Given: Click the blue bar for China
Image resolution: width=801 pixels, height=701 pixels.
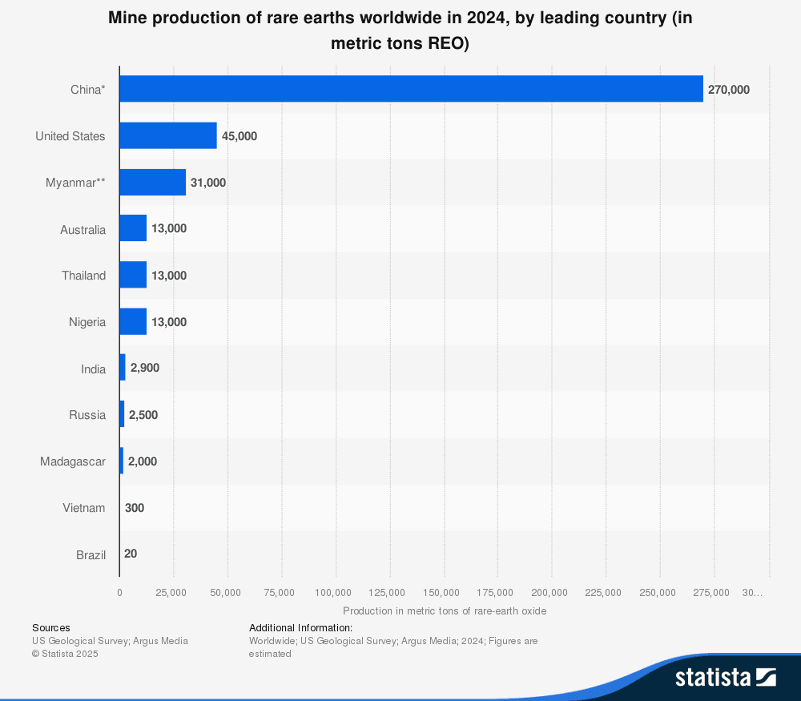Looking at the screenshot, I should [411, 89].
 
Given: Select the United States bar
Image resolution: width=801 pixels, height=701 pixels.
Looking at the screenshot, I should [168, 135].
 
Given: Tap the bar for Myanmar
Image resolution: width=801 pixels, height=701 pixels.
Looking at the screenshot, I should [152, 182].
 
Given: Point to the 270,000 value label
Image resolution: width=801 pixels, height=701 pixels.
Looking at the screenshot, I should [728, 90].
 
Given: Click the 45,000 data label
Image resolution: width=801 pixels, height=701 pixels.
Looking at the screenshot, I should [239, 136].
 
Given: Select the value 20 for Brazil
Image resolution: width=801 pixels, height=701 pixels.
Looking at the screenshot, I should [131, 554].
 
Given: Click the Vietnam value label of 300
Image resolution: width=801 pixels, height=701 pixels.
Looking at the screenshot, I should [135, 507].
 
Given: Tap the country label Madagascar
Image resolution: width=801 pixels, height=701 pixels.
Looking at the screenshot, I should [73, 461].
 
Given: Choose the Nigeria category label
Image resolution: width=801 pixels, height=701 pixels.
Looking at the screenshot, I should [87, 322].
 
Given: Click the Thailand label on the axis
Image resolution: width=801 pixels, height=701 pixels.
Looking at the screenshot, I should [83, 276].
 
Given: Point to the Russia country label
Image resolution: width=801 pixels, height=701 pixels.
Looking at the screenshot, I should [87, 415].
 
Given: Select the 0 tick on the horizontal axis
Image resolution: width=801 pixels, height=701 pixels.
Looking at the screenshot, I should [120, 593].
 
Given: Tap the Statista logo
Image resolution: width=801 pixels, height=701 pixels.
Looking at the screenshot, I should [725, 677].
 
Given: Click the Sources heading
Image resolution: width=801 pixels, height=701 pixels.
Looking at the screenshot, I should [51, 628].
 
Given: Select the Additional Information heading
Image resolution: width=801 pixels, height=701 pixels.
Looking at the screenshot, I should [300, 628].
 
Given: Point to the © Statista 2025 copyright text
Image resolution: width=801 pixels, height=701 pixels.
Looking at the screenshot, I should [65, 654].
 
